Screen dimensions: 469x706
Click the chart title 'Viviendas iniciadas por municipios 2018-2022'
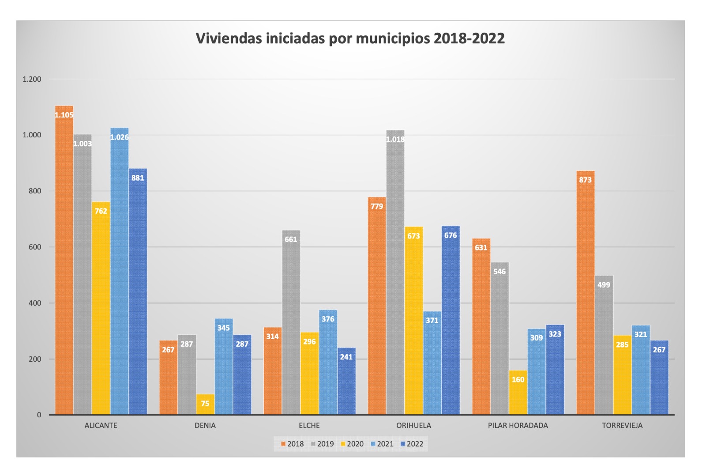coord(350,38)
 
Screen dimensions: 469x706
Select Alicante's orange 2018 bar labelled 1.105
coord(64,261)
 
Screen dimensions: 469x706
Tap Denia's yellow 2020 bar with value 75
coord(205,404)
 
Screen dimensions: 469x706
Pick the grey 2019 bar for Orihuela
coord(395,274)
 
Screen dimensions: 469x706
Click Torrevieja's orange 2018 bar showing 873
coord(586,291)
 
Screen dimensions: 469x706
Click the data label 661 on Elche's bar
coord(291,239)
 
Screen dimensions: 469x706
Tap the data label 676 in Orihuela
coord(451,235)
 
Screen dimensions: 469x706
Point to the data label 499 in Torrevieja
coord(604,285)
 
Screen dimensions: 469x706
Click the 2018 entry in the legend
coord(292,444)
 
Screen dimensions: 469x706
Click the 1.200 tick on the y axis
coord(32,79)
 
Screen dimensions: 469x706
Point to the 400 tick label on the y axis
coord(35,303)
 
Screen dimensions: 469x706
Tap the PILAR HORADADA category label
coord(518,425)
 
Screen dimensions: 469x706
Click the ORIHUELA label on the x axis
coord(413,425)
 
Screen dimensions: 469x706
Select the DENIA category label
coord(205,425)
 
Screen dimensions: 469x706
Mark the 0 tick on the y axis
coord(39,415)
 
